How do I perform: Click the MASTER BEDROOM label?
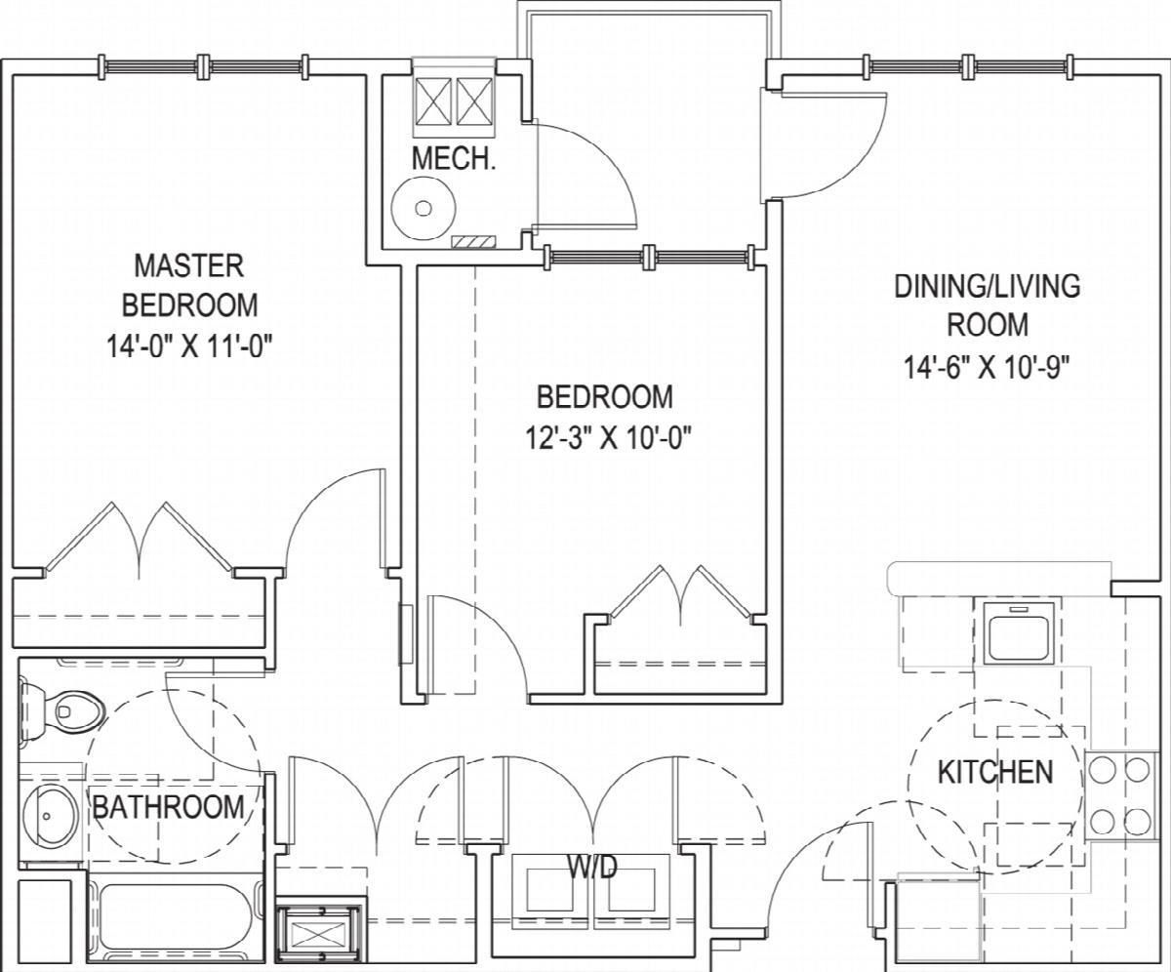pyautogui.click(x=189, y=285)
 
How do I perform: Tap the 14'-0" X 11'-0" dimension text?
pyautogui.click(x=189, y=346)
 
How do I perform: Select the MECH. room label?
pyautogui.click(x=454, y=158)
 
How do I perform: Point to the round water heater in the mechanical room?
pyautogui.click(x=424, y=209)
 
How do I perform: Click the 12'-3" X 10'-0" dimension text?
pyautogui.click(x=605, y=437)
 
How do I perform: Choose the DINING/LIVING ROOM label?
pyautogui.click(x=987, y=305)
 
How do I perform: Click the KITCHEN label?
pyautogui.click(x=995, y=772)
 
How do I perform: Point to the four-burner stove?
pyautogui.click(x=1120, y=796)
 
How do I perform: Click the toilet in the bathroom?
pyautogui.click(x=62, y=711)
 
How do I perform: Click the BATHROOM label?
pyautogui.click(x=168, y=808)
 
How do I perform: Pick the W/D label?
pyautogui.click(x=592, y=867)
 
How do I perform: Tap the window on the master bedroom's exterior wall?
pyautogui.click(x=203, y=67)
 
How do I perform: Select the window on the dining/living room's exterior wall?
pyautogui.click(x=969, y=67)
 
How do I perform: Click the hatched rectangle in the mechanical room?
pyautogui.click(x=474, y=242)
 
